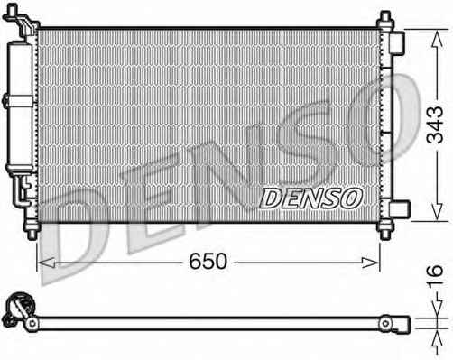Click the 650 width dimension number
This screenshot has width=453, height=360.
[208, 261]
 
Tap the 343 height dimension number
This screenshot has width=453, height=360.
[435, 125]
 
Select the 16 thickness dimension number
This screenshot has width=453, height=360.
[435, 275]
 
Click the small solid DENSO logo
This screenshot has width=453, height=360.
[311, 198]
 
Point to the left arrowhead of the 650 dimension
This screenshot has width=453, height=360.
[47, 263]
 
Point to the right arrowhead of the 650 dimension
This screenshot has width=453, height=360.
[370, 263]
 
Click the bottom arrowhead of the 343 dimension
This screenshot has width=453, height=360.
[437, 211]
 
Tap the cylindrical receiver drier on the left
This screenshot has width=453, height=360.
[20, 107]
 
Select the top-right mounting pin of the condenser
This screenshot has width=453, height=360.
[385, 20]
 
